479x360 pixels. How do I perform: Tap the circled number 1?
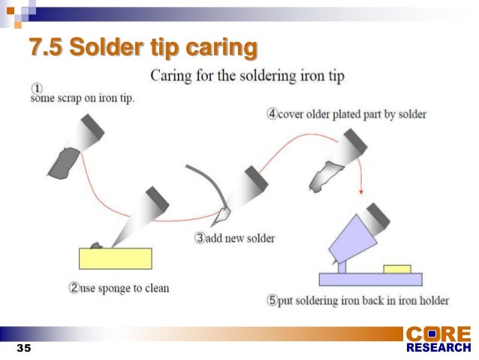(35, 89)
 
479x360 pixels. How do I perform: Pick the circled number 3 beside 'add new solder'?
(200, 238)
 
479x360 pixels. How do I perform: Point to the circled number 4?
(273, 114)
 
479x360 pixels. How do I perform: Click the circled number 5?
(273, 301)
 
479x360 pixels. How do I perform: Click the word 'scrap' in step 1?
(70, 99)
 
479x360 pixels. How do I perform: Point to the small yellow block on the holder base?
(396, 268)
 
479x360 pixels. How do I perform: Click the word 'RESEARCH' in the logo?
(438, 348)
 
